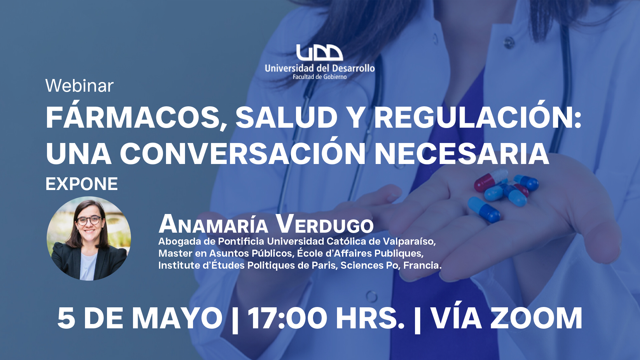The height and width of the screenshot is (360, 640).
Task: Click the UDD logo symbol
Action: click(319, 53)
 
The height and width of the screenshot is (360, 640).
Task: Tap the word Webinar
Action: click(79, 86)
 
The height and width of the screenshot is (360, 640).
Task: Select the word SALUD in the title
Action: click(287, 117)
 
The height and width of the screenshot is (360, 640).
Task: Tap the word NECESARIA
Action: click(462, 154)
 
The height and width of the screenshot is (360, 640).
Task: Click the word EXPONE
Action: click(82, 184)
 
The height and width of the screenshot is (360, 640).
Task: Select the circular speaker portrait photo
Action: click(89, 238)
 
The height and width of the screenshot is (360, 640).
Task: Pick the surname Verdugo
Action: click(325, 224)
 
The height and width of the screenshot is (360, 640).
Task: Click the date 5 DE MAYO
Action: click(140, 318)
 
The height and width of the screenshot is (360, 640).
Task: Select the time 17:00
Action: click(287, 318)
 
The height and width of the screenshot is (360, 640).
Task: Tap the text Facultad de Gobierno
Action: click(320, 77)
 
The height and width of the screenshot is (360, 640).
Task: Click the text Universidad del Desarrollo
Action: click(320, 68)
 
